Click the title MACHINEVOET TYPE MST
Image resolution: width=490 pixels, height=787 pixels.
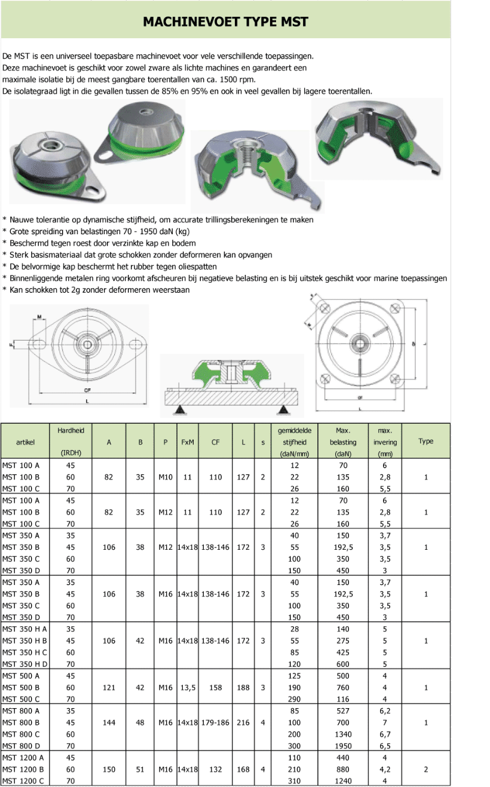225,22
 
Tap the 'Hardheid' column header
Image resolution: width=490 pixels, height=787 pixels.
71,430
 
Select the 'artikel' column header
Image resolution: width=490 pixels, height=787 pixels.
26,442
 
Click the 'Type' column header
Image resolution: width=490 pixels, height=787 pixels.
425,442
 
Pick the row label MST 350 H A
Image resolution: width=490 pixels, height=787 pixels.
24,629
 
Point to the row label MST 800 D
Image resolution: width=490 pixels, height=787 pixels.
21,746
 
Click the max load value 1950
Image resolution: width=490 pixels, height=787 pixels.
342,746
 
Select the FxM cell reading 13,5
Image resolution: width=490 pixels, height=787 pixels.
187,688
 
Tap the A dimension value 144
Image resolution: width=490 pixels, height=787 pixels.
109,722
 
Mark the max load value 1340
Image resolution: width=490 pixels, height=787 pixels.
342,734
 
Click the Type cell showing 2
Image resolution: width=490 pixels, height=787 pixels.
425,769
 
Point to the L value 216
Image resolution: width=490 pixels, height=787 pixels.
243,722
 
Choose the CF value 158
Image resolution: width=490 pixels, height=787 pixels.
215,688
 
